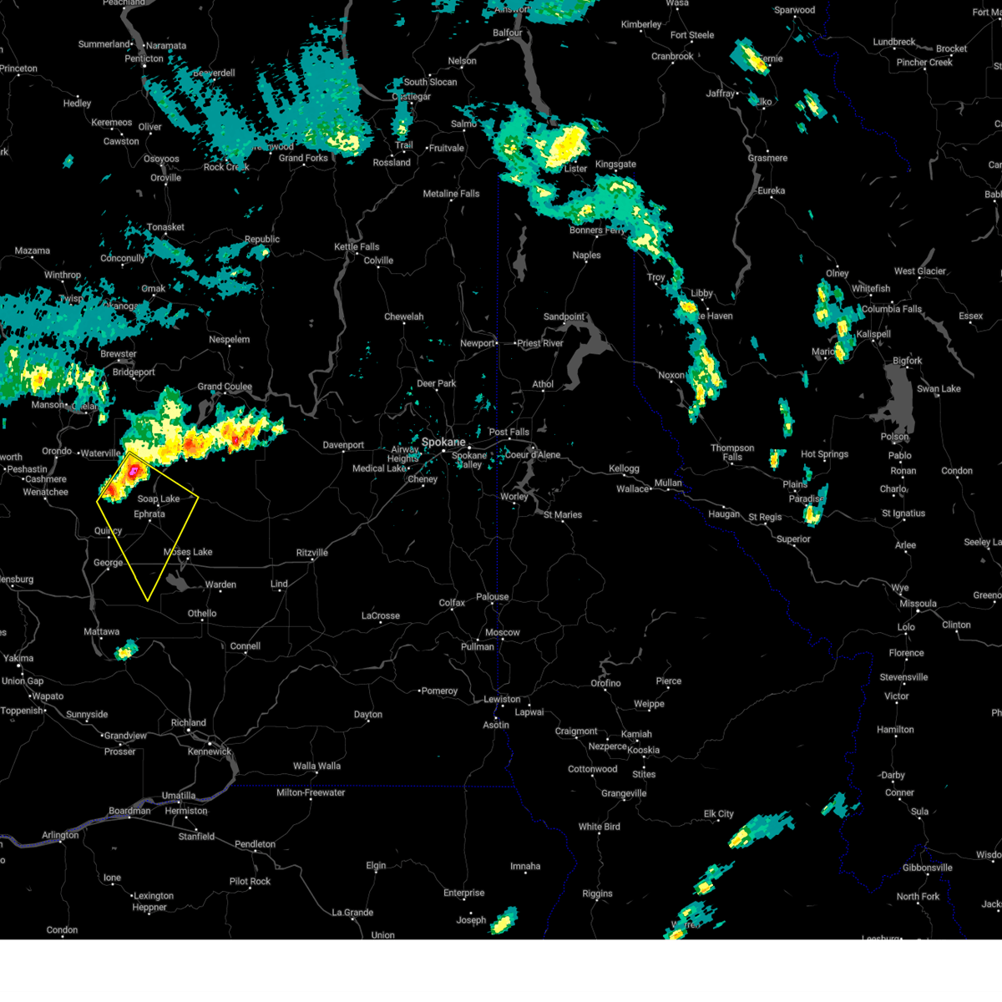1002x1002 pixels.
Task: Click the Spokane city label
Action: (443, 442)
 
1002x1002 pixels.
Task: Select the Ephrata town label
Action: (149, 514)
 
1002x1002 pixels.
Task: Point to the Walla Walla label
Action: (316, 767)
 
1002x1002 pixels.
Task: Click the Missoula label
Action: (918, 604)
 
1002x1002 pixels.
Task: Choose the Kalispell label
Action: (873, 334)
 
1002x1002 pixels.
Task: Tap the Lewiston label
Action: (502, 700)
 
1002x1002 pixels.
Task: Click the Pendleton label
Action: (255, 844)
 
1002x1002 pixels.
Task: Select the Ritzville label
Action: (312, 553)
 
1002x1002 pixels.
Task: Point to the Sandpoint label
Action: (564, 317)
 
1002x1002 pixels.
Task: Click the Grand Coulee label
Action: (225, 387)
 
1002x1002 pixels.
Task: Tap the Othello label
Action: (202, 614)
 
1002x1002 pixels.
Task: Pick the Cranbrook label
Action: (672, 57)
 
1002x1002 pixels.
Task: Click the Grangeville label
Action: (624, 793)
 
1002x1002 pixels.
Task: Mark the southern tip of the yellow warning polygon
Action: (148, 600)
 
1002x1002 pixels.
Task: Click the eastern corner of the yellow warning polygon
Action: (198, 499)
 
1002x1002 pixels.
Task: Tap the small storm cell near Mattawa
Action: (126, 650)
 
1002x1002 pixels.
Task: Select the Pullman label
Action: (478, 647)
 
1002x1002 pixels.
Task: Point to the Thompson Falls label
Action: (732, 453)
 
